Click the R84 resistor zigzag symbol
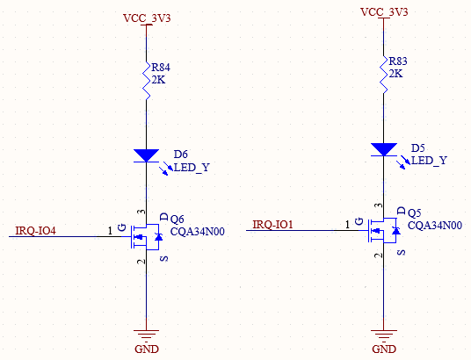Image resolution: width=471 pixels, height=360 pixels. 146,81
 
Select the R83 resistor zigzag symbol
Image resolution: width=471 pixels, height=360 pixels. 384,75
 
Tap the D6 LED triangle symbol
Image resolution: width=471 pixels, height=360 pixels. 146,155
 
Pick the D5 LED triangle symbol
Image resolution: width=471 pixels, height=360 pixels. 384,149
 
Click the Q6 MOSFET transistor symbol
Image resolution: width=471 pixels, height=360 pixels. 146,236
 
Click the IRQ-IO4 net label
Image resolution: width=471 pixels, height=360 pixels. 35,231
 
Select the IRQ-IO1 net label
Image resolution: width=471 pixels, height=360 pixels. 272,224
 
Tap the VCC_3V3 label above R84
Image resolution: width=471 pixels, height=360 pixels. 147,18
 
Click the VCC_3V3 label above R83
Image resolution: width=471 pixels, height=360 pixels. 384,12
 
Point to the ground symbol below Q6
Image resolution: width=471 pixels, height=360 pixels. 146,336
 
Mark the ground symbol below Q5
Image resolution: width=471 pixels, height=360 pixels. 384,336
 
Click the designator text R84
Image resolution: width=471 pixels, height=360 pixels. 161,68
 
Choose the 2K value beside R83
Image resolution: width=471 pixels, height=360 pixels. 395,74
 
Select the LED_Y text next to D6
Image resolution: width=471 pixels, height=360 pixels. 192,167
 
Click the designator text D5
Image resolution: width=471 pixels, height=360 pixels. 417,148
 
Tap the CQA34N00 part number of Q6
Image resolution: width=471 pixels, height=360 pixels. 198,232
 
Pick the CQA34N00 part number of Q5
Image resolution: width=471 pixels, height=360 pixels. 435,225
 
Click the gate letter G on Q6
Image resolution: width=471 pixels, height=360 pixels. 122,227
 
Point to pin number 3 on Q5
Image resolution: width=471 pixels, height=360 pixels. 380,205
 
